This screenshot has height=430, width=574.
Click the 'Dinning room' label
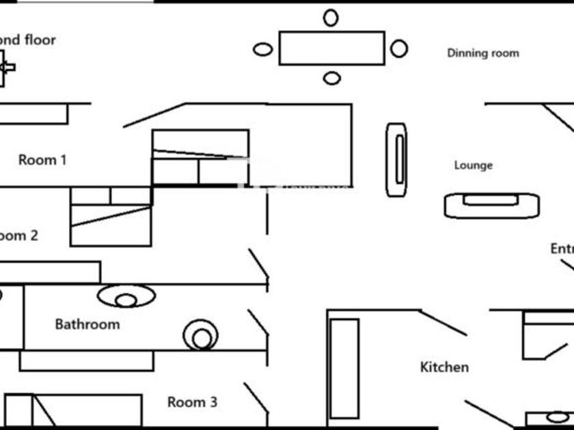click(x=482, y=53)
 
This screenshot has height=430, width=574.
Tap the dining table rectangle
click(x=332, y=48)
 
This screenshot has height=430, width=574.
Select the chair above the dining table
click(x=331, y=18)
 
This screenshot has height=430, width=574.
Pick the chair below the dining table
click(x=331, y=78)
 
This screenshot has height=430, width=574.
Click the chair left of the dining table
click(x=262, y=49)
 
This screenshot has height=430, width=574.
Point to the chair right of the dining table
click(x=399, y=48)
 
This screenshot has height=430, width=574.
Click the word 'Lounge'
click(x=473, y=165)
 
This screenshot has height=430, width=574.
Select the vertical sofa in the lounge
click(x=396, y=160)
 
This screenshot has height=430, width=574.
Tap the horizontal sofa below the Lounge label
click(x=491, y=205)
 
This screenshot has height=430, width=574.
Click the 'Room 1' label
click(x=42, y=160)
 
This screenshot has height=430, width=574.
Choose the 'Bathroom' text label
click(x=87, y=324)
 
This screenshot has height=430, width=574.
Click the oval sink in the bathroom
click(x=126, y=296)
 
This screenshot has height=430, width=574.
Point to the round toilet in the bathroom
click(x=201, y=336)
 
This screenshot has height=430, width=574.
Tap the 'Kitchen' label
click(x=444, y=367)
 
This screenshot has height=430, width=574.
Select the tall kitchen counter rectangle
click(x=344, y=368)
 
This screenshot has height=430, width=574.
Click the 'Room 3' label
click(x=192, y=402)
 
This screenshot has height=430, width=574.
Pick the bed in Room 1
click(x=200, y=158)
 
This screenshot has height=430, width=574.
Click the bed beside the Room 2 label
click(x=111, y=217)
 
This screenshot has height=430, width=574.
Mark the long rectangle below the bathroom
click(x=87, y=361)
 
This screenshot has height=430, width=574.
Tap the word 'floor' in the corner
click(x=40, y=40)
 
